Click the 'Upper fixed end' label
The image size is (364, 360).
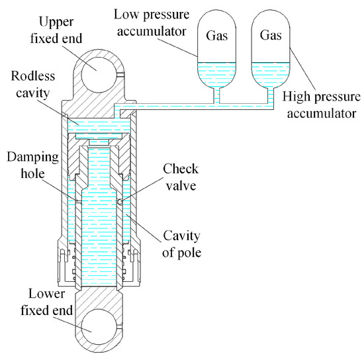[56, 30]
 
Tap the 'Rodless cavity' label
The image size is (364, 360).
[33, 85]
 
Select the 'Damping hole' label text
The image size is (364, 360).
[32, 165]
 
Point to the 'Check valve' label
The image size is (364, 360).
[181, 177]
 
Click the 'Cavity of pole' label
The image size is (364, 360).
[181, 244]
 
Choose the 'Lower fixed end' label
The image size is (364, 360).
[47, 302]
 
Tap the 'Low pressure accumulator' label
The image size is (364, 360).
[152, 22]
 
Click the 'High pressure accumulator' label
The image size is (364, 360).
[322, 105]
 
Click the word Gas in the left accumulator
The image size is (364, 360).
[217, 36]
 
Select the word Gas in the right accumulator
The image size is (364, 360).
[271, 35]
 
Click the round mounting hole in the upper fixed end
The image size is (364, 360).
[99, 75]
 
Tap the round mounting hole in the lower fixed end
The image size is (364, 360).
[99, 327]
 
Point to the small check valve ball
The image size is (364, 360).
[120, 202]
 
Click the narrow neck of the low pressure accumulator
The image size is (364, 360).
[216, 95]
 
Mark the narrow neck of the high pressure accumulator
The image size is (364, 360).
[271, 95]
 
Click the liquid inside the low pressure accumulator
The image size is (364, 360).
[216, 74]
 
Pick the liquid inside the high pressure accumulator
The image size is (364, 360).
[271, 74]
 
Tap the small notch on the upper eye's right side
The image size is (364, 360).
[120, 75]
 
